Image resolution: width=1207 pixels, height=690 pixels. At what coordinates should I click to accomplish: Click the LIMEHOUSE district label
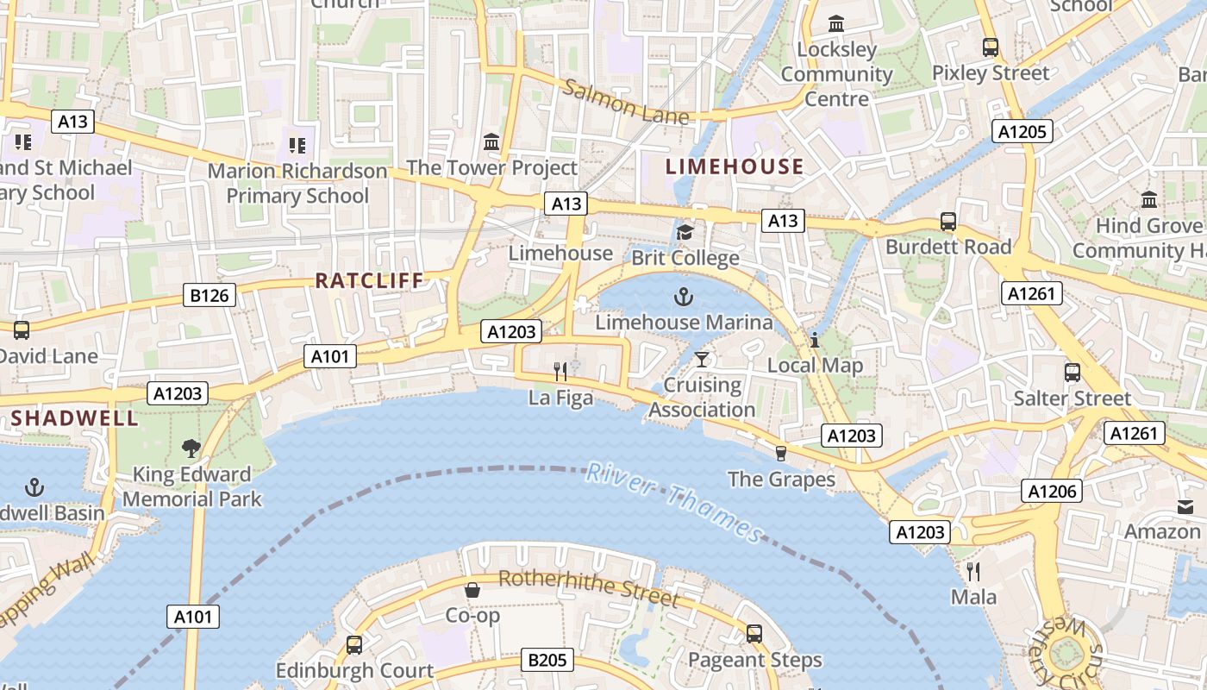(x=735, y=166)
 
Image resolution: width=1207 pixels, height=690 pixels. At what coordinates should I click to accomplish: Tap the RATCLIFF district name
(x=369, y=280)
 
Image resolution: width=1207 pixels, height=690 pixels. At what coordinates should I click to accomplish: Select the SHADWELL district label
(x=74, y=418)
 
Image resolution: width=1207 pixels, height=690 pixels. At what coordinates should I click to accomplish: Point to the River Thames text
(x=674, y=502)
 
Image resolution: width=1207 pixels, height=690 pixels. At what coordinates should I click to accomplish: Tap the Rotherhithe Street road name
(x=589, y=586)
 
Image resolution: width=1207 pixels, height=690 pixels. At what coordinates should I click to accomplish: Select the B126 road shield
(x=210, y=296)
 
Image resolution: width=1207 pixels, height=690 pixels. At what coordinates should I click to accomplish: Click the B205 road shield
(x=547, y=661)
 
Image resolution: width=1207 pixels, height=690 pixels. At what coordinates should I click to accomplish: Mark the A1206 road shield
(x=1052, y=491)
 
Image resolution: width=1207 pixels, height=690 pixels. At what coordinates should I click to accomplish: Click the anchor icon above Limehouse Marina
(x=684, y=298)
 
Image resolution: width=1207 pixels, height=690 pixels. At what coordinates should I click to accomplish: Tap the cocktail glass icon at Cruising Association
(x=702, y=359)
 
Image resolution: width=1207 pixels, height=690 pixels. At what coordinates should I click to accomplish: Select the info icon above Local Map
(x=814, y=340)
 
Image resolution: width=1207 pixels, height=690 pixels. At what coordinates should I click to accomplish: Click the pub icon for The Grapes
(x=781, y=453)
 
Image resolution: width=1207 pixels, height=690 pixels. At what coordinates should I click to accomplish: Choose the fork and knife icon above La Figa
(x=560, y=372)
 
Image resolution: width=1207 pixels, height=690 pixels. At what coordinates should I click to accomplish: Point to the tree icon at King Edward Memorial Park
(x=191, y=448)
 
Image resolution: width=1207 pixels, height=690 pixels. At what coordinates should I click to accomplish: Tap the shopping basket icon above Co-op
(x=472, y=590)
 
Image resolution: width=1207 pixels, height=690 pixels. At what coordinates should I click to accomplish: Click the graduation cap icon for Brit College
(x=685, y=232)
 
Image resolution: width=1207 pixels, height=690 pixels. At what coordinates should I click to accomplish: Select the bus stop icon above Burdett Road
(x=948, y=222)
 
